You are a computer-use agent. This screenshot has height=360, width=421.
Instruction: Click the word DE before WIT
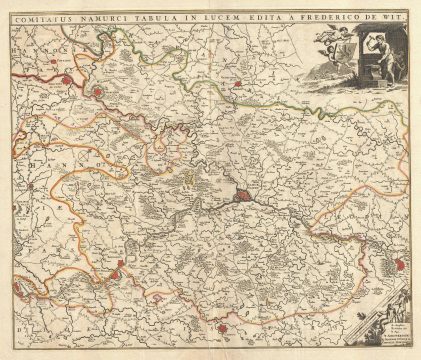pyautogui.click(x=372, y=15)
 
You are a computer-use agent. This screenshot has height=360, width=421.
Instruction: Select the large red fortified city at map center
pyautogui.click(x=245, y=197)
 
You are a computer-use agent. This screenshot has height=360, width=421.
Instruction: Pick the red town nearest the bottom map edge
pyautogui.click(x=225, y=324)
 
